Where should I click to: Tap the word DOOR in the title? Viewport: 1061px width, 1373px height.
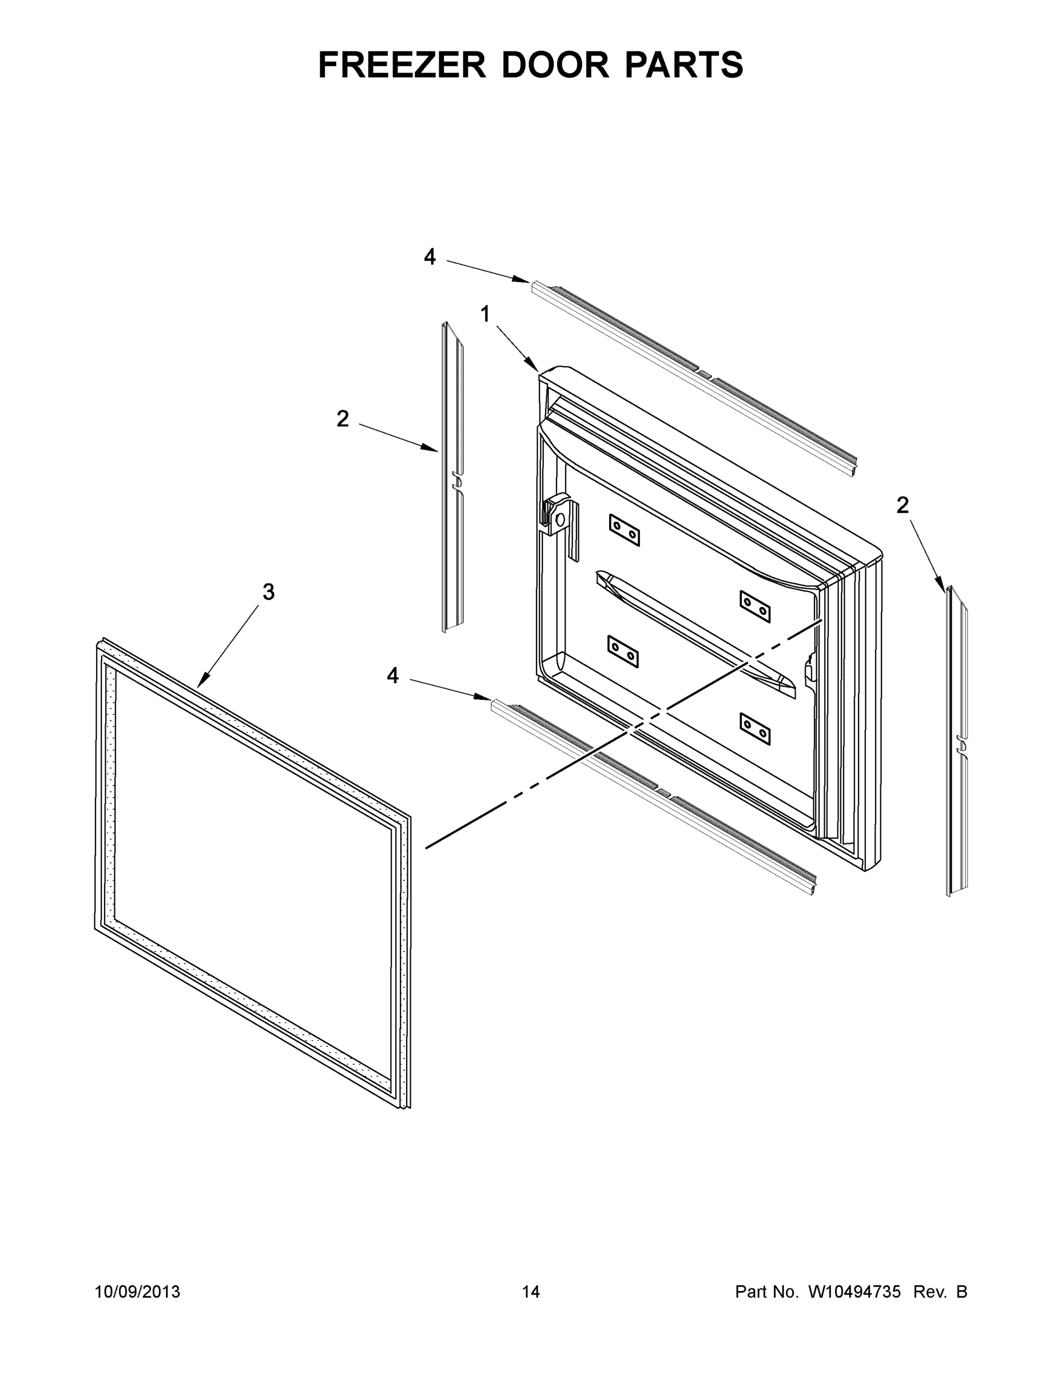click(x=555, y=65)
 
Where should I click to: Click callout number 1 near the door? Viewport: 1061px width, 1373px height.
click(x=484, y=314)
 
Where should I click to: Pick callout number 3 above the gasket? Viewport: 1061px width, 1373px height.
click(x=268, y=592)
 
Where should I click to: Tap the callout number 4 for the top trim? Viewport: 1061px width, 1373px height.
click(x=430, y=256)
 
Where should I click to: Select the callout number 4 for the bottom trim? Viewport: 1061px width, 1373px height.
click(x=393, y=676)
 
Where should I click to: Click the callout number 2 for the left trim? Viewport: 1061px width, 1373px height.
click(x=343, y=419)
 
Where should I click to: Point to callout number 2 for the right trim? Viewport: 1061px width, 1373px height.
click(x=903, y=505)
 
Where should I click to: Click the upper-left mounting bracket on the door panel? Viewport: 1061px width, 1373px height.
click(x=624, y=529)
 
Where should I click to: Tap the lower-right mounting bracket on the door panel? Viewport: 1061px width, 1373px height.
click(x=755, y=729)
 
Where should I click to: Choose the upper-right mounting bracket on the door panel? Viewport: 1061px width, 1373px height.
click(x=755, y=606)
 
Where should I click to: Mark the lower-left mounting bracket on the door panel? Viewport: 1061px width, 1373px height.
click(x=623, y=650)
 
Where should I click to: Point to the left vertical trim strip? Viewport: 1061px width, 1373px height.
click(x=452, y=478)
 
